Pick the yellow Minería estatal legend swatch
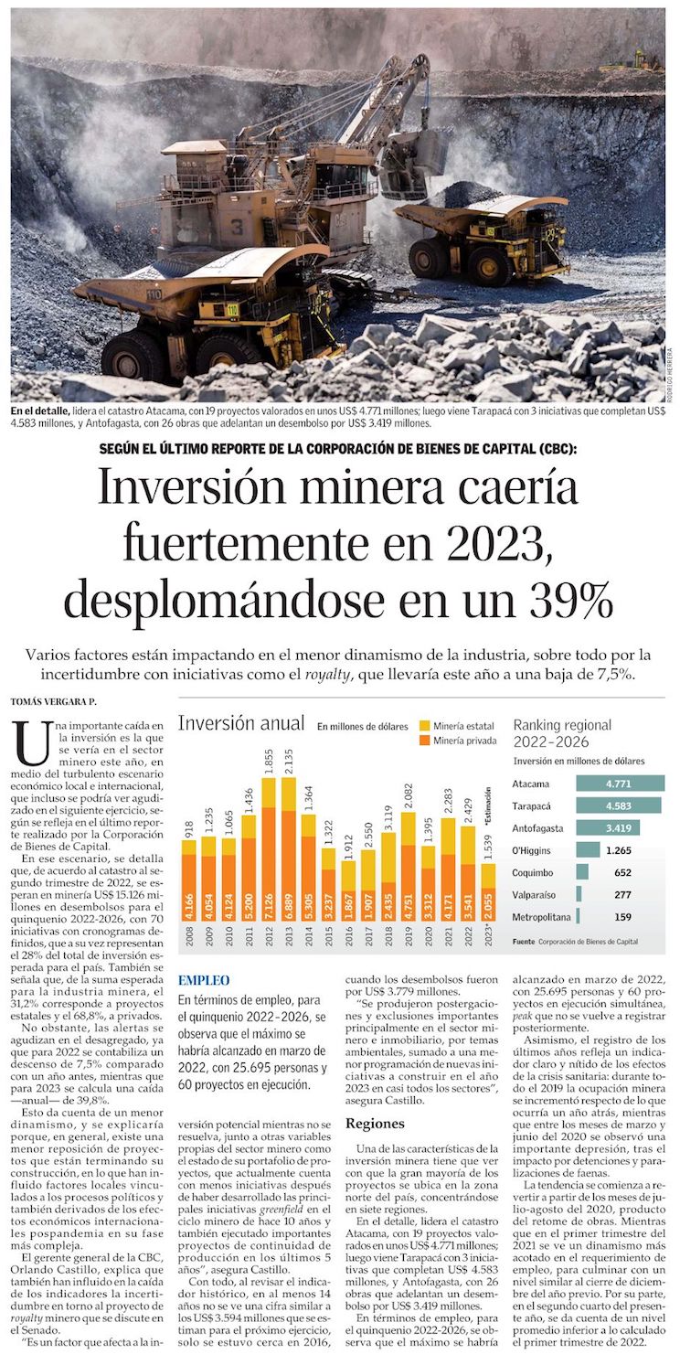(x=423, y=724)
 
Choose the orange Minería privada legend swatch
(x=423, y=740)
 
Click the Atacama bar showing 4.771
(x=620, y=784)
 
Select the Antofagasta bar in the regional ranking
(x=607, y=827)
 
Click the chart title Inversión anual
(x=241, y=724)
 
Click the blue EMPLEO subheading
(x=204, y=979)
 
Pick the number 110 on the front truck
(x=154, y=295)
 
